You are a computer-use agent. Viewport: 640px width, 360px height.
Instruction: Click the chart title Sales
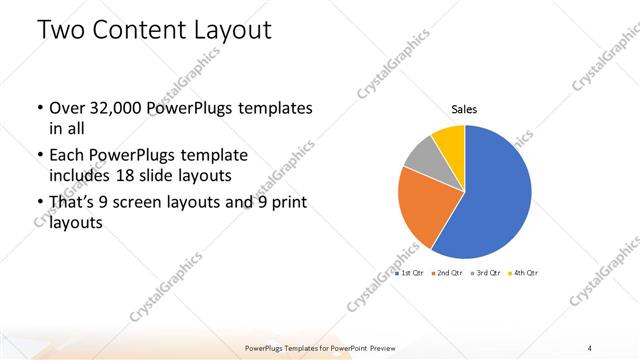tap(464, 109)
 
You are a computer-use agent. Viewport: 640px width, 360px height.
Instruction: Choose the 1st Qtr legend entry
tap(410, 272)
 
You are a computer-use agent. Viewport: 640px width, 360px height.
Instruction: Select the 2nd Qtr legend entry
tap(446, 272)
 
